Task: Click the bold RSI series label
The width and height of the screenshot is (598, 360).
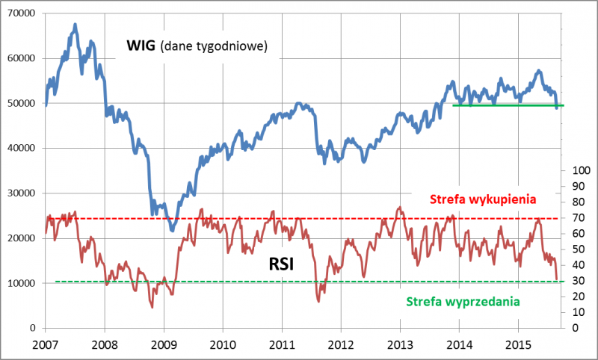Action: tap(285, 264)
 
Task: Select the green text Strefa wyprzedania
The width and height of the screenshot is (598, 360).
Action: tap(463, 302)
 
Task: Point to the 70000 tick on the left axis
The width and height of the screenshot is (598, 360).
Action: tap(22, 13)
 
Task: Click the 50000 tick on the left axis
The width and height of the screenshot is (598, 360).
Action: tap(22, 103)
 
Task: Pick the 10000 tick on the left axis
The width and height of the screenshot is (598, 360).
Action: tap(22, 283)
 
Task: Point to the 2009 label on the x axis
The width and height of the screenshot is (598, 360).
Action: tap(164, 344)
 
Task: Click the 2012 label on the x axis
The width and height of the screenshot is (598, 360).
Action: tap(341, 344)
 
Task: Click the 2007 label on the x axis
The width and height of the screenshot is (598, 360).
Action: tap(46, 344)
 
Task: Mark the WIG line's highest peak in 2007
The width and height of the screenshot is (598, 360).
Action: tap(75, 25)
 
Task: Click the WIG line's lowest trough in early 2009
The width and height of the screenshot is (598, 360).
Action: tap(172, 229)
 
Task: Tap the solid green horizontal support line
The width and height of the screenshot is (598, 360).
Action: tap(508, 105)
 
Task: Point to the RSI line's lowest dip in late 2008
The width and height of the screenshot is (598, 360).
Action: tap(152, 306)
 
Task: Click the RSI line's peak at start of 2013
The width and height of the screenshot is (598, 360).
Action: tap(400, 207)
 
